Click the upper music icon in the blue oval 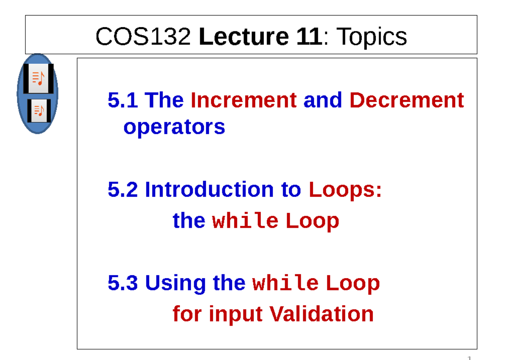(x=38, y=78)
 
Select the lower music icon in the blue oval (x=39, y=111)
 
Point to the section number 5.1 (x=123, y=100)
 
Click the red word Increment (x=243, y=100)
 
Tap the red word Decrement (x=406, y=100)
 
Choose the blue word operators (x=174, y=127)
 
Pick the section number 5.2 (x=123, y=190)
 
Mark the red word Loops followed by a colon (x=344, y=190)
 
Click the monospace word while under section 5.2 (x=245, y=221)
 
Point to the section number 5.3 (x=123, y=283)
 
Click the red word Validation (x=322, y=314)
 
